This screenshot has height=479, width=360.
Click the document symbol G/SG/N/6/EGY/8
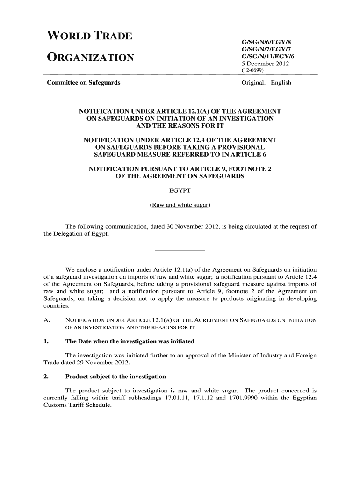[x=264, y=42]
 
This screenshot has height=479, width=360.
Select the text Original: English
[x=266, y=83]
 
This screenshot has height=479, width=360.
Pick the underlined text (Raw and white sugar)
[x=180, y=205]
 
